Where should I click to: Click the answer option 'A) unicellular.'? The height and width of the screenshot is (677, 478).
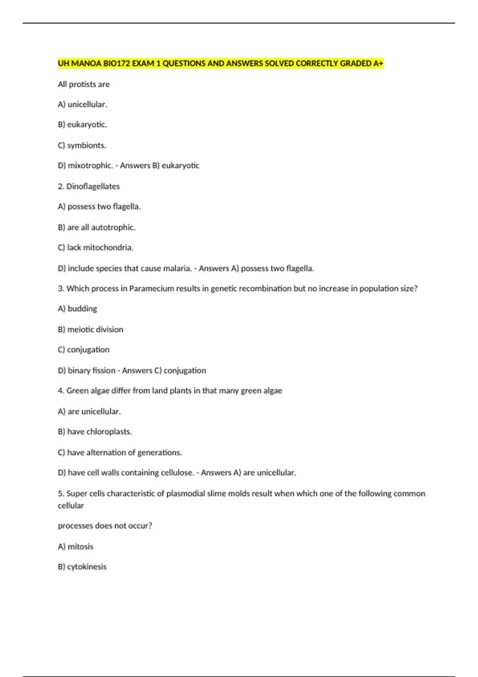tap(82, 104)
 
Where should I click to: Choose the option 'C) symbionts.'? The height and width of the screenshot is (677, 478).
tap(82, 145)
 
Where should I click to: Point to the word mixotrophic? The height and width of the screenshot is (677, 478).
tap(90, 166)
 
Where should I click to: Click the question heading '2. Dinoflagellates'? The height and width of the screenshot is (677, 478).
tap(89, 186)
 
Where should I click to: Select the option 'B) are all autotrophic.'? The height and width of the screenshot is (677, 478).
tap(97, 227)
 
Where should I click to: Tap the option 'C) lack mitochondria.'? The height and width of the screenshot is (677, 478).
tap(96, 248)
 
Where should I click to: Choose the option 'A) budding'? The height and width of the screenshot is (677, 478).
tap(77, 309)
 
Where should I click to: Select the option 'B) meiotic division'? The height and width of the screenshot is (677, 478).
tap(90, 329)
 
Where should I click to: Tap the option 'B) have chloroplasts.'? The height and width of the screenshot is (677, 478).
tap(95, 432)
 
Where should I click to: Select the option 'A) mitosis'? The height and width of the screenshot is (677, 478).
tap(76, 546)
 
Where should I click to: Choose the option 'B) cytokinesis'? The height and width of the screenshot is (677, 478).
tap(82, 567)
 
